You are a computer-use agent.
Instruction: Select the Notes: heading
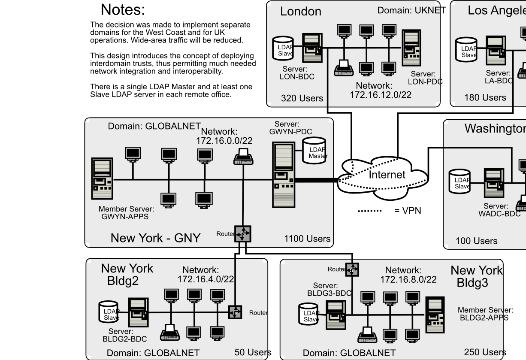123,9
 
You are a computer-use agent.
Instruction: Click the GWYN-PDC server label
290,128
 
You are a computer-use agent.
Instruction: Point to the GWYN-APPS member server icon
102,178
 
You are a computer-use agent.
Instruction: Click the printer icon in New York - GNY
243,157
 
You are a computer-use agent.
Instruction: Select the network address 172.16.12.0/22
380,95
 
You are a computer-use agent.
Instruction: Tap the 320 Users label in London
302,98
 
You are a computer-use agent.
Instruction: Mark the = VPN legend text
408,211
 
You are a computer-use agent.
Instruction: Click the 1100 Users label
307,239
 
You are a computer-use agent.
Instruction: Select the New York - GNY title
155,238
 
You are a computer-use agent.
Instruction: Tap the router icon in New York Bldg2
235,312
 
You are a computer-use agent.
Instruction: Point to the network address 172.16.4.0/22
206,279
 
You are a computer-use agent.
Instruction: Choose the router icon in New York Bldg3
352,269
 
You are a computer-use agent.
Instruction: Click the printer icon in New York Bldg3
367,334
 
